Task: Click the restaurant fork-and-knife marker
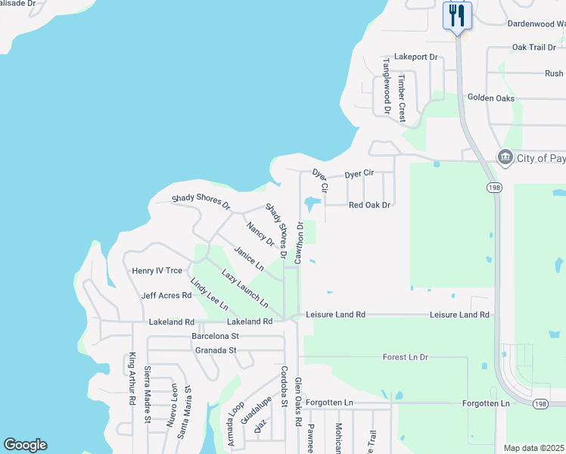tap(457, 16)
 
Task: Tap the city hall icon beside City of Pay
tap(505, 157)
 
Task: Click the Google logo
tap(25, 445)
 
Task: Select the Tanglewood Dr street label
tap(386, 86)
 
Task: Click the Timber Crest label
tap(403, 98)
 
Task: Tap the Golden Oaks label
tap(490, 98)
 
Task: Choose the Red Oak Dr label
tap(369, 205)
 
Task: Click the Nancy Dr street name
tap(260, 233)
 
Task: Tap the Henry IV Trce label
tap(157, 270)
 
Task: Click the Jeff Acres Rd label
tap(166, 295)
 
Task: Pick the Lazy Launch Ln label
tap(244, 288)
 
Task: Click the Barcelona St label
tap(215, 335)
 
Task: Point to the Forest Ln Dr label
tap(405, 356)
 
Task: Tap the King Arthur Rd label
tap(132, 378)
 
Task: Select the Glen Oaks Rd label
tap(298, 402)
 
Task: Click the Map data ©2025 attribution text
tap(534, 448)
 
